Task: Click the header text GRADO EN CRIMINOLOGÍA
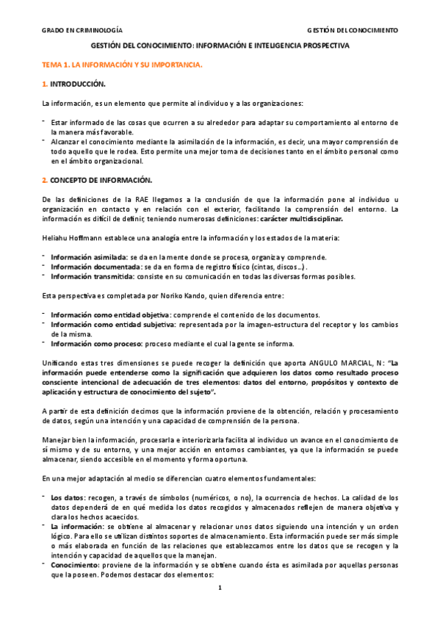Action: click(x=82, y=31)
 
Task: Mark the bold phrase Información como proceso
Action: click(x=90, y=343)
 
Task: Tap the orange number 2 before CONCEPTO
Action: click(x=44, y=180)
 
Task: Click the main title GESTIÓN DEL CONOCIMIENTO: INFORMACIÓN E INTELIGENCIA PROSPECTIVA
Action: click(x=220, y=46)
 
